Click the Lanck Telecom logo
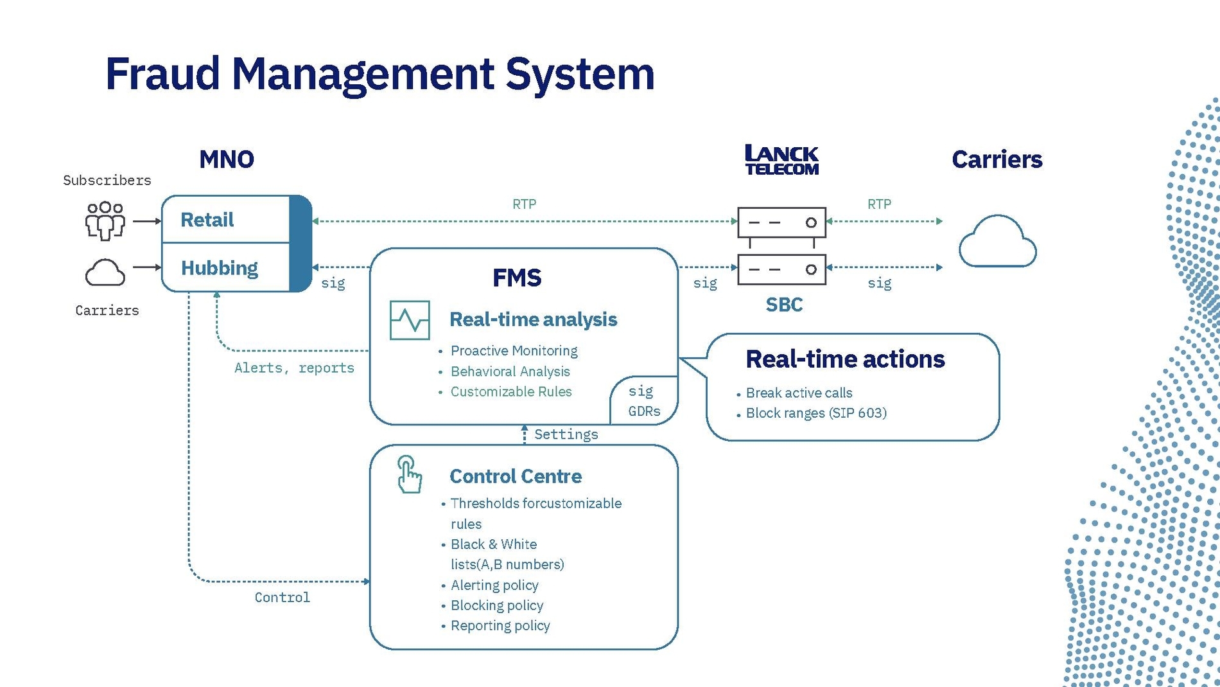click(x=781, y=160)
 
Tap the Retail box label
click(x=207, y=220)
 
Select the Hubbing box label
click(x=219, y=268)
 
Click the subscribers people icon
click(x=105, y=221)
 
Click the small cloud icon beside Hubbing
click(x=105, y=272)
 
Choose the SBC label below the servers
click(x=784, y=305)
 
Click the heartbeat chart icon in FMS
click(x=410, y=320)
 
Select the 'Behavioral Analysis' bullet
click(x=510, y=371)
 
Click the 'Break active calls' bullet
click(x=799, y=393)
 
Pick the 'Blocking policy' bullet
click(x=496, y=605)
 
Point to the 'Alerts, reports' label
click(x=294, y=368)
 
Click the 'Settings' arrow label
click(x=566, y=434)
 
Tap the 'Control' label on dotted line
click(x=282, y=598)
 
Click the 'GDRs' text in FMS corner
click(x=644, y=411)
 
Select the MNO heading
click(x=227, y=159)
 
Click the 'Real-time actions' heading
click(x=845, y=359)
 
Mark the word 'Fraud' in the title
click(x=162, y=73)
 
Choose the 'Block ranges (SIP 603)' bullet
click(x=815, y=413)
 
